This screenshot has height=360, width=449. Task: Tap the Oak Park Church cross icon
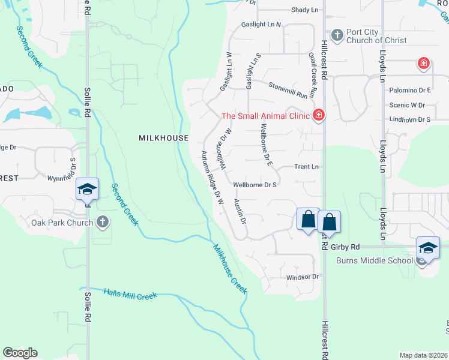coord(103,223)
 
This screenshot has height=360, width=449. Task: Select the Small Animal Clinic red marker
coord(318,115)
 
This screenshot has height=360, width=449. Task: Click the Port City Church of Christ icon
coord(337,35)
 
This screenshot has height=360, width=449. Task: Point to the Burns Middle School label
coord(374,260)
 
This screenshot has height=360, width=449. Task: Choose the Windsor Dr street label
coord(301,277)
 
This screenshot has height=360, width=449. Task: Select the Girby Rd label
coord(345,247)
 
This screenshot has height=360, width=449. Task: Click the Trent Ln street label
coord(306,167)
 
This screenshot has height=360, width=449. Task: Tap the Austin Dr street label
coord(240,211)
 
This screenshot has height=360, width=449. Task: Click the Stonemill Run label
coord(292,90)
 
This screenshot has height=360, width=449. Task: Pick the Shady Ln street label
coord(304,10)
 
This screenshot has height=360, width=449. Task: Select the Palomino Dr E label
coord(409,90)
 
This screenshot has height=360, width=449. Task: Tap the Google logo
coord(20,353)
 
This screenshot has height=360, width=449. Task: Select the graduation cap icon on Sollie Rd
coord(87,190)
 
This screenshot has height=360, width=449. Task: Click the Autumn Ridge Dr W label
coord(212,178)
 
